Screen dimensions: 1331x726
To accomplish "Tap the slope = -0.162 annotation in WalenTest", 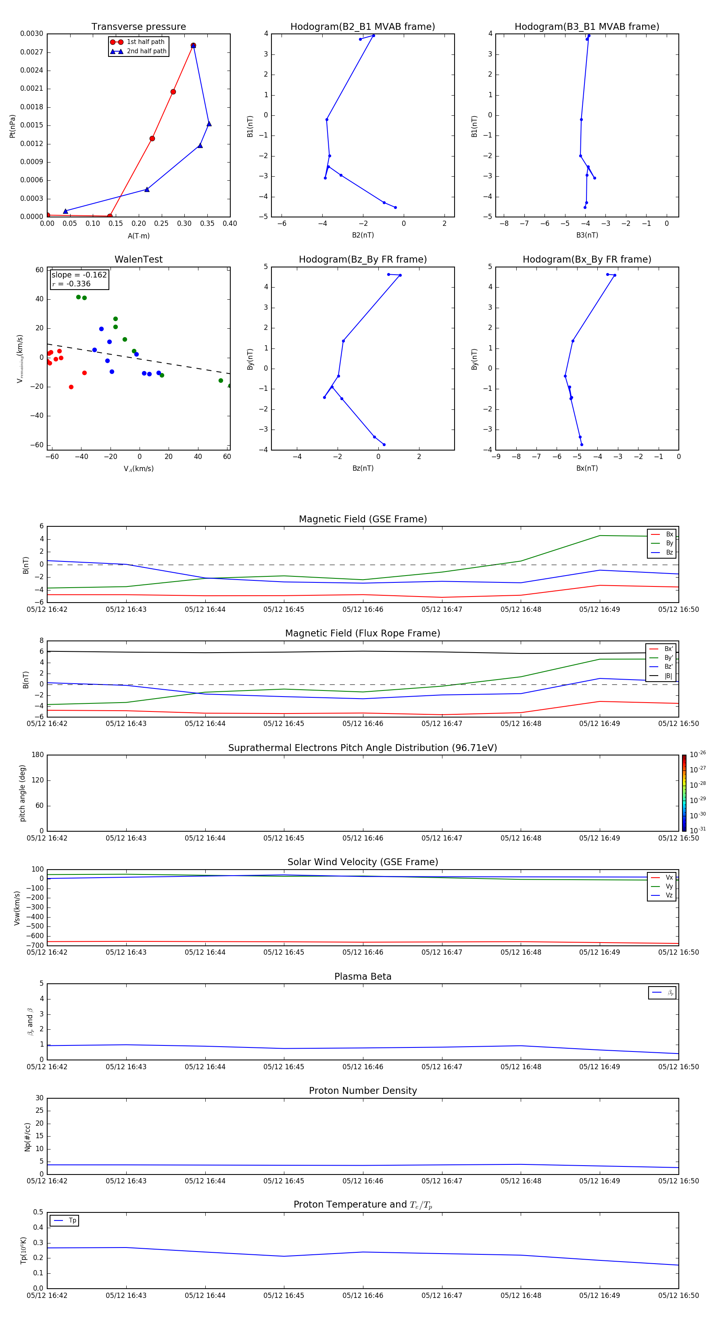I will tap(79, 275).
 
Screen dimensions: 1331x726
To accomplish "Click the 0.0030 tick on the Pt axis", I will tap(31, 33).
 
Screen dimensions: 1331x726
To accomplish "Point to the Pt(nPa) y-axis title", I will tap(13, 126).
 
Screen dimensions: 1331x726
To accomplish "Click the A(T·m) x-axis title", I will tap(138, 236).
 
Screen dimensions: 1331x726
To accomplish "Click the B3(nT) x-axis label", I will tap(587, 235).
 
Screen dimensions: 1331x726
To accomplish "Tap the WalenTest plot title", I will tap(138, 259).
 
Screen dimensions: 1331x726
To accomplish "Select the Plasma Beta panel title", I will tap(363, 976).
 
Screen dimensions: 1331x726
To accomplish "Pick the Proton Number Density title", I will tap(363, 1091).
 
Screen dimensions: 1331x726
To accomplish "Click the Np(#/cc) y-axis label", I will tap(28, 1137).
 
